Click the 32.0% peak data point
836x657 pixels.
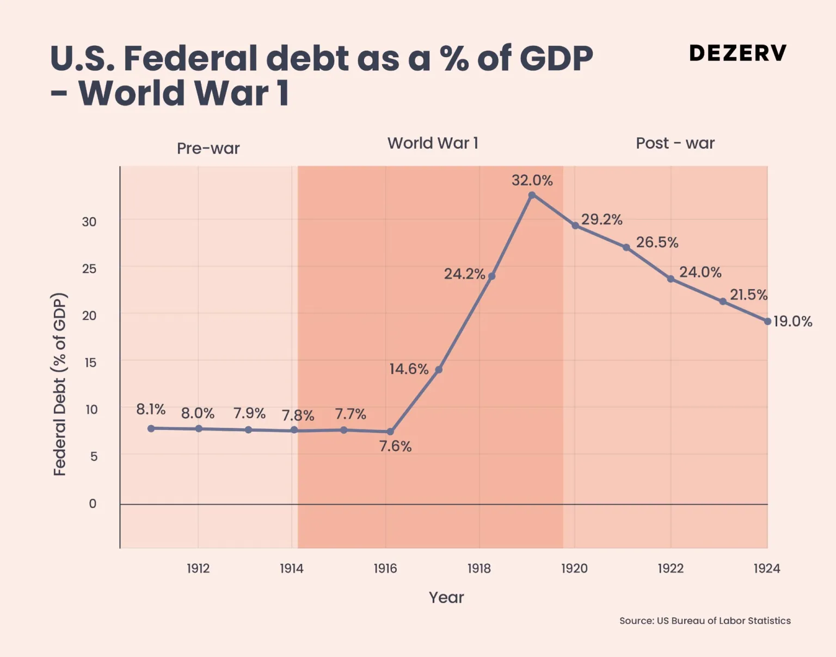(x=532, y=195)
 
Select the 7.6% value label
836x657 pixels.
(x=395, y=446)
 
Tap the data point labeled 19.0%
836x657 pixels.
(x=767, y=322)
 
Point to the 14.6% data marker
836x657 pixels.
(x=439, y=370)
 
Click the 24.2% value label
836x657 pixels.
(x=464, y=274)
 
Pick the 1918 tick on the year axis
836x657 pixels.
(x=479, y=568)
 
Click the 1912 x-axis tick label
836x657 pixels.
(x=198, y=568)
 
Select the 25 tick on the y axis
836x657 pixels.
(x=89, y=269)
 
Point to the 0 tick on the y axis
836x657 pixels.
(x=93, y=504)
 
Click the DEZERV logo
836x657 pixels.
(x=737, y=53)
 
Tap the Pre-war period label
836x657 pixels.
(x=208, y=149)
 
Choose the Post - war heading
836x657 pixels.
(x=675, y=143)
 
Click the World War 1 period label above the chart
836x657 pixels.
(x=433, y=143)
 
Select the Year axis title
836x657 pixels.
(x=446, y=597)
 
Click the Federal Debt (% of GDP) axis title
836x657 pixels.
(x=60, y=384)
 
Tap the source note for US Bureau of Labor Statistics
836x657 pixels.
(x=705, y=621)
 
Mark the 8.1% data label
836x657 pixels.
(x=151, y=409)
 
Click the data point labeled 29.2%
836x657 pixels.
(x=575, y=225)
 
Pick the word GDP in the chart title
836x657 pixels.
(x=556, y=58)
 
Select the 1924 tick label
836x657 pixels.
(x=766, y=568)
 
